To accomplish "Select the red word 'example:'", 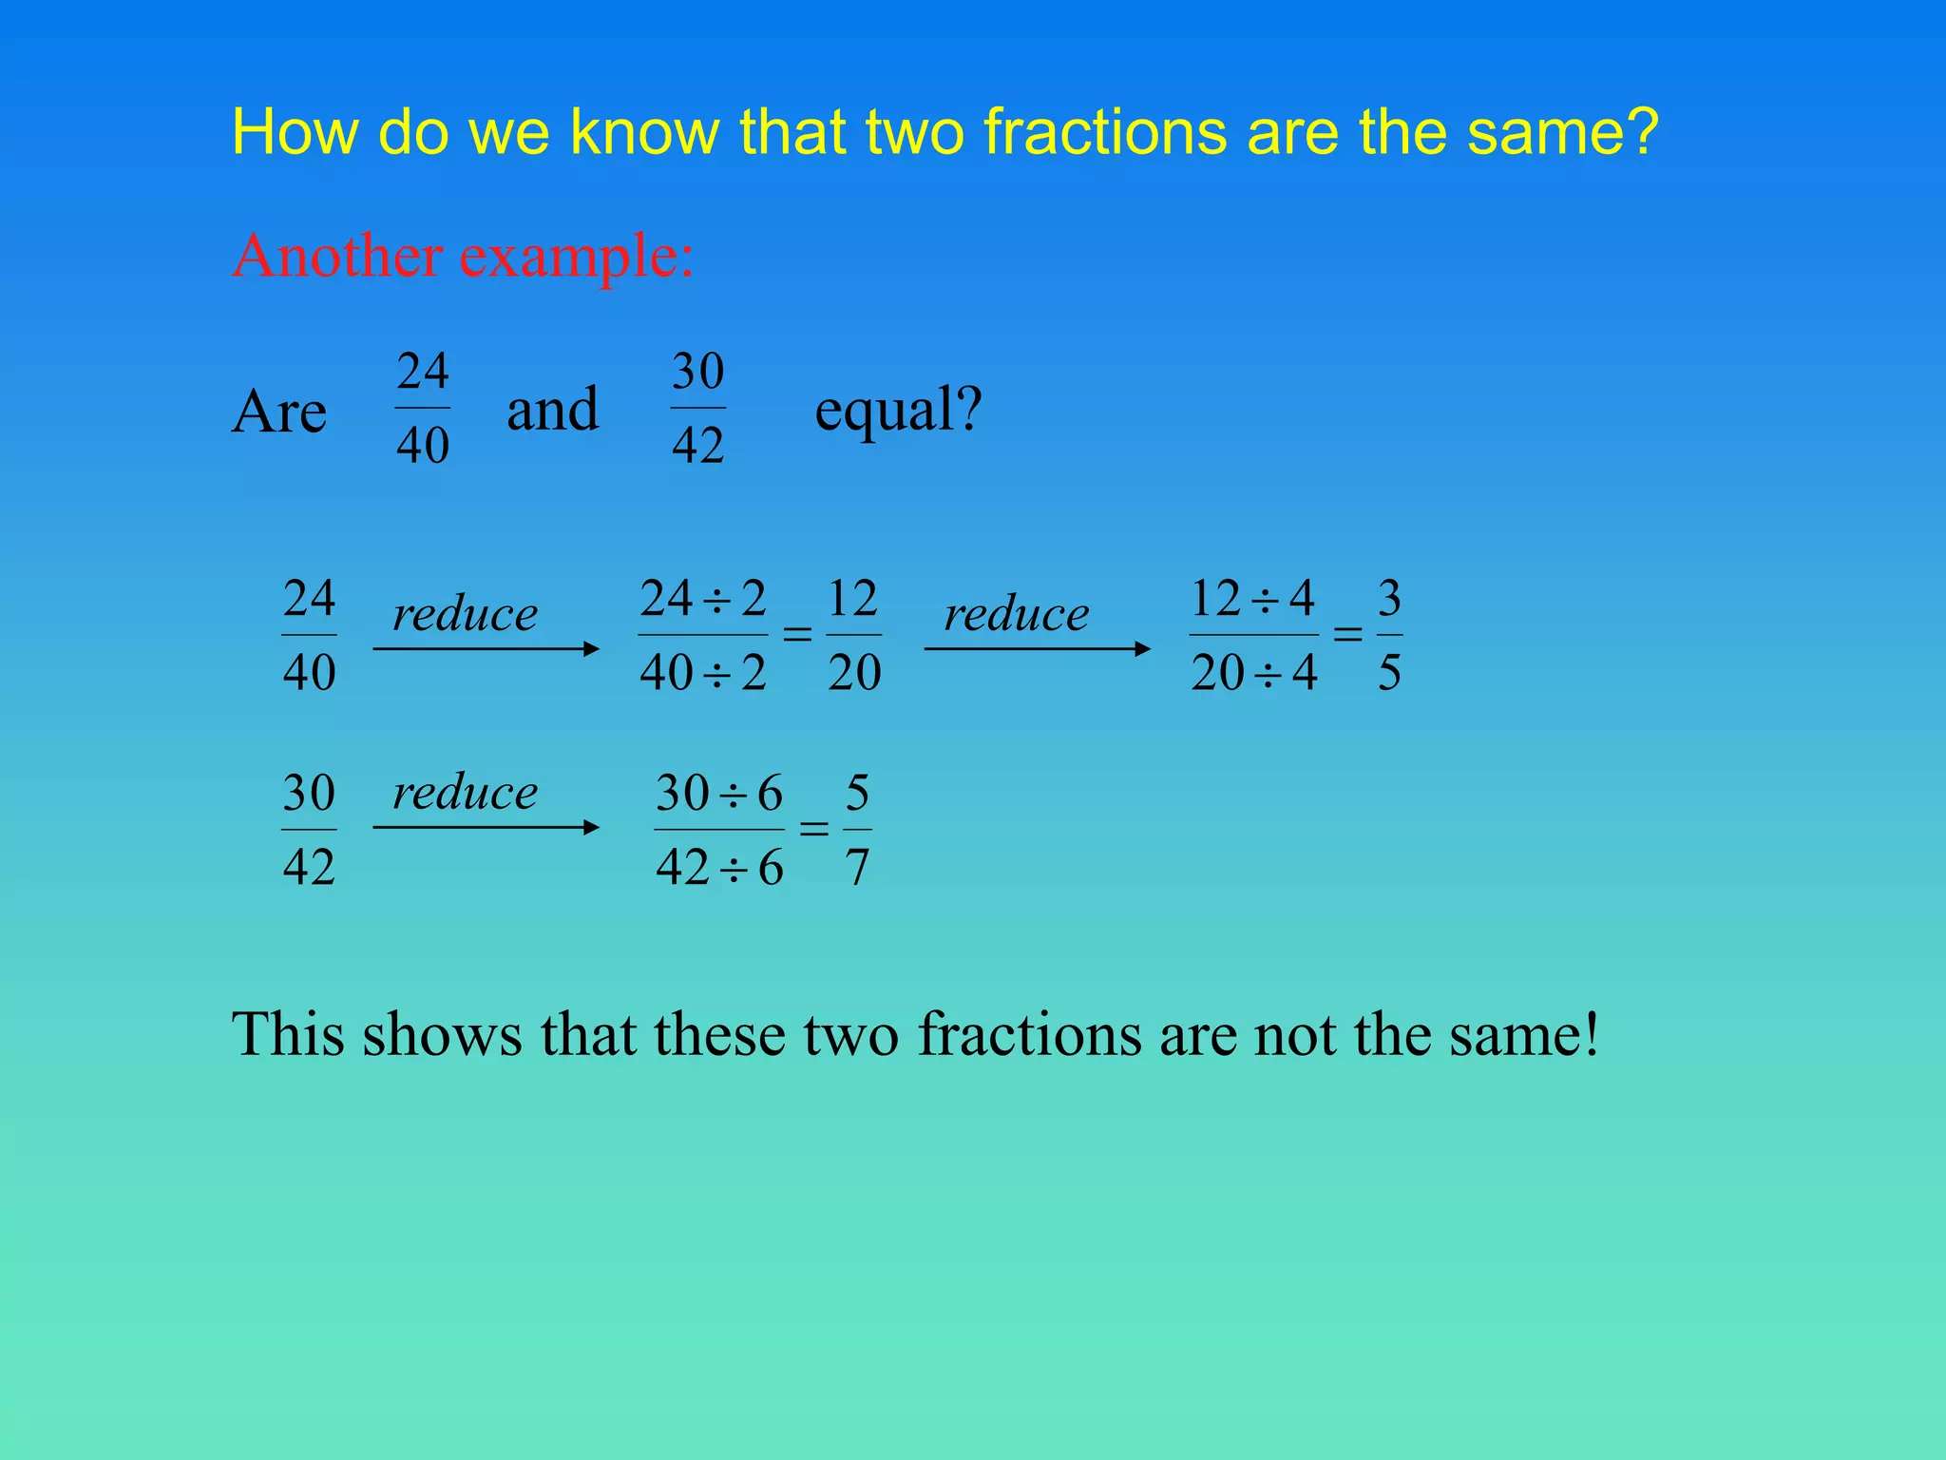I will click(577, 258).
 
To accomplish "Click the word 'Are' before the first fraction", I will click(279, 413).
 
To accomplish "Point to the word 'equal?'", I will click(898, 411).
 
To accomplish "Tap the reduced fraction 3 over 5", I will click(1389, 635).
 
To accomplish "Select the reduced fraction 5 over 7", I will click(857, 830).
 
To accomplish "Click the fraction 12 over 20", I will click(854, 635).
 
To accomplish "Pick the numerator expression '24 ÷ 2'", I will click(703, 599).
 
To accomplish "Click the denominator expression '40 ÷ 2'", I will click(703, 673).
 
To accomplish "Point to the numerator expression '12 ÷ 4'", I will click(1253, 599).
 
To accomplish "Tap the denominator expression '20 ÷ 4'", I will click(1254, 673).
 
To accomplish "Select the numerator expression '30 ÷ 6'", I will click(719, 793).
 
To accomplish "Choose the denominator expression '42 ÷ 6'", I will click(719, 867).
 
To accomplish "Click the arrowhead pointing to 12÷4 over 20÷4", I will click(1142, 649).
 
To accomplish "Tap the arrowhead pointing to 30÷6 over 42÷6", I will click(591, 827).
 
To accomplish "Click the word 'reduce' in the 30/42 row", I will click(466, 792).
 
